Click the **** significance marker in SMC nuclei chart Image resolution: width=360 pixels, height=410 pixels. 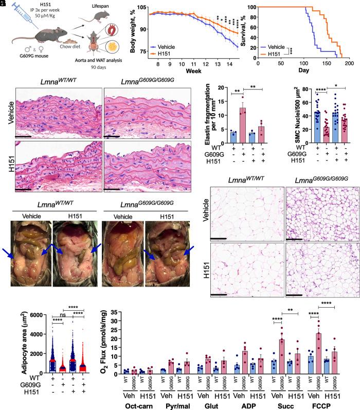[308, 91]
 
